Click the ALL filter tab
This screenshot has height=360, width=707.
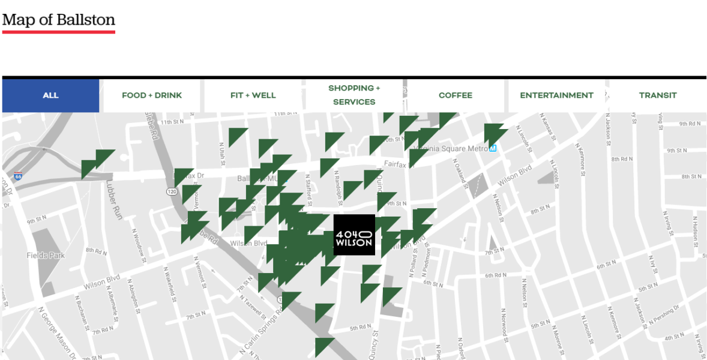(50, 95)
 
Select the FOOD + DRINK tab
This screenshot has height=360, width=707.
(152, 95)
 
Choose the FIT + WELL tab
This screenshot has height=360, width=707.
(253, 95)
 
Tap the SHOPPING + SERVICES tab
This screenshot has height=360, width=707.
(354, 95)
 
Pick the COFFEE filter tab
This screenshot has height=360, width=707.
(456, 95)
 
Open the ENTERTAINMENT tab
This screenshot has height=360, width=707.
(556, 95)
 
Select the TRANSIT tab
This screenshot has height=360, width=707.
(658, 95)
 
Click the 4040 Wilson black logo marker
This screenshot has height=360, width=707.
(354, 235)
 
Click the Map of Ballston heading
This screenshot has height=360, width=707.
(59, 20)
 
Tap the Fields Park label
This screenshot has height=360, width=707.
(46, 256)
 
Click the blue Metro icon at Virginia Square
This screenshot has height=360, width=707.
(493, 148)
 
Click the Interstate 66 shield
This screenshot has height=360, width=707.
(18, 176)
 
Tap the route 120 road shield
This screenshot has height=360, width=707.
(171, 191)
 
